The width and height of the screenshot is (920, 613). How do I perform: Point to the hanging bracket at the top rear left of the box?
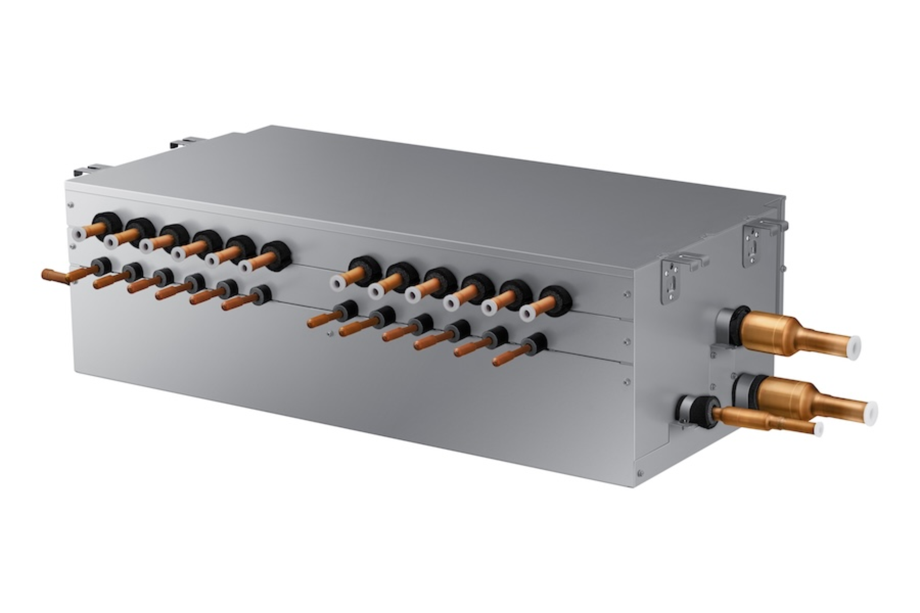coord(184,143)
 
